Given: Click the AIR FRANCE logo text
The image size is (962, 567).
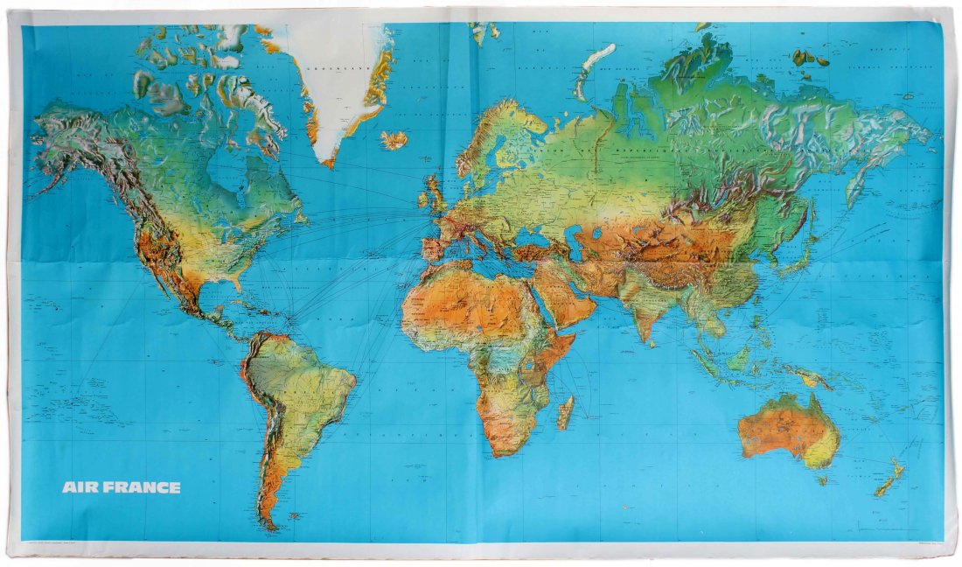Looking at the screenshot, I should (121, 487).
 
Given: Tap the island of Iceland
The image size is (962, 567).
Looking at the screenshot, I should (394, 140).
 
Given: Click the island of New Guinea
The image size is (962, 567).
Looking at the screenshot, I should (809, 376).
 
